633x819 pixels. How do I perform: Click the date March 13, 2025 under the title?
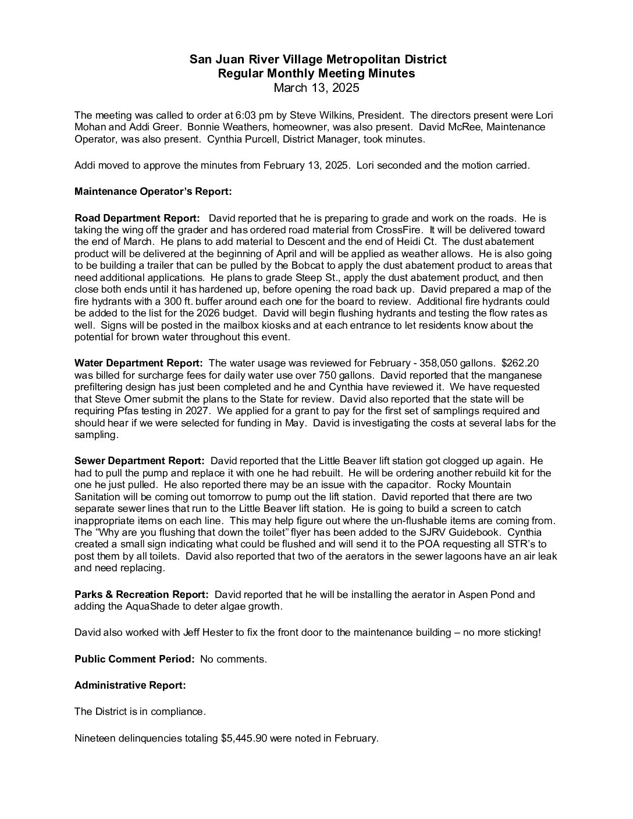pos(316,88)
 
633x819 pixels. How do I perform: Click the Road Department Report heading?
pos(137,218)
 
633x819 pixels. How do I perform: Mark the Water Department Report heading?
pos(138,363)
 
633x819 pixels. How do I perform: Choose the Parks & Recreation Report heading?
pos(141,594)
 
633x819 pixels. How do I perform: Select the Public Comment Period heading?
pos(134,659)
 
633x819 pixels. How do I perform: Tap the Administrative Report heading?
pos(130,685)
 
